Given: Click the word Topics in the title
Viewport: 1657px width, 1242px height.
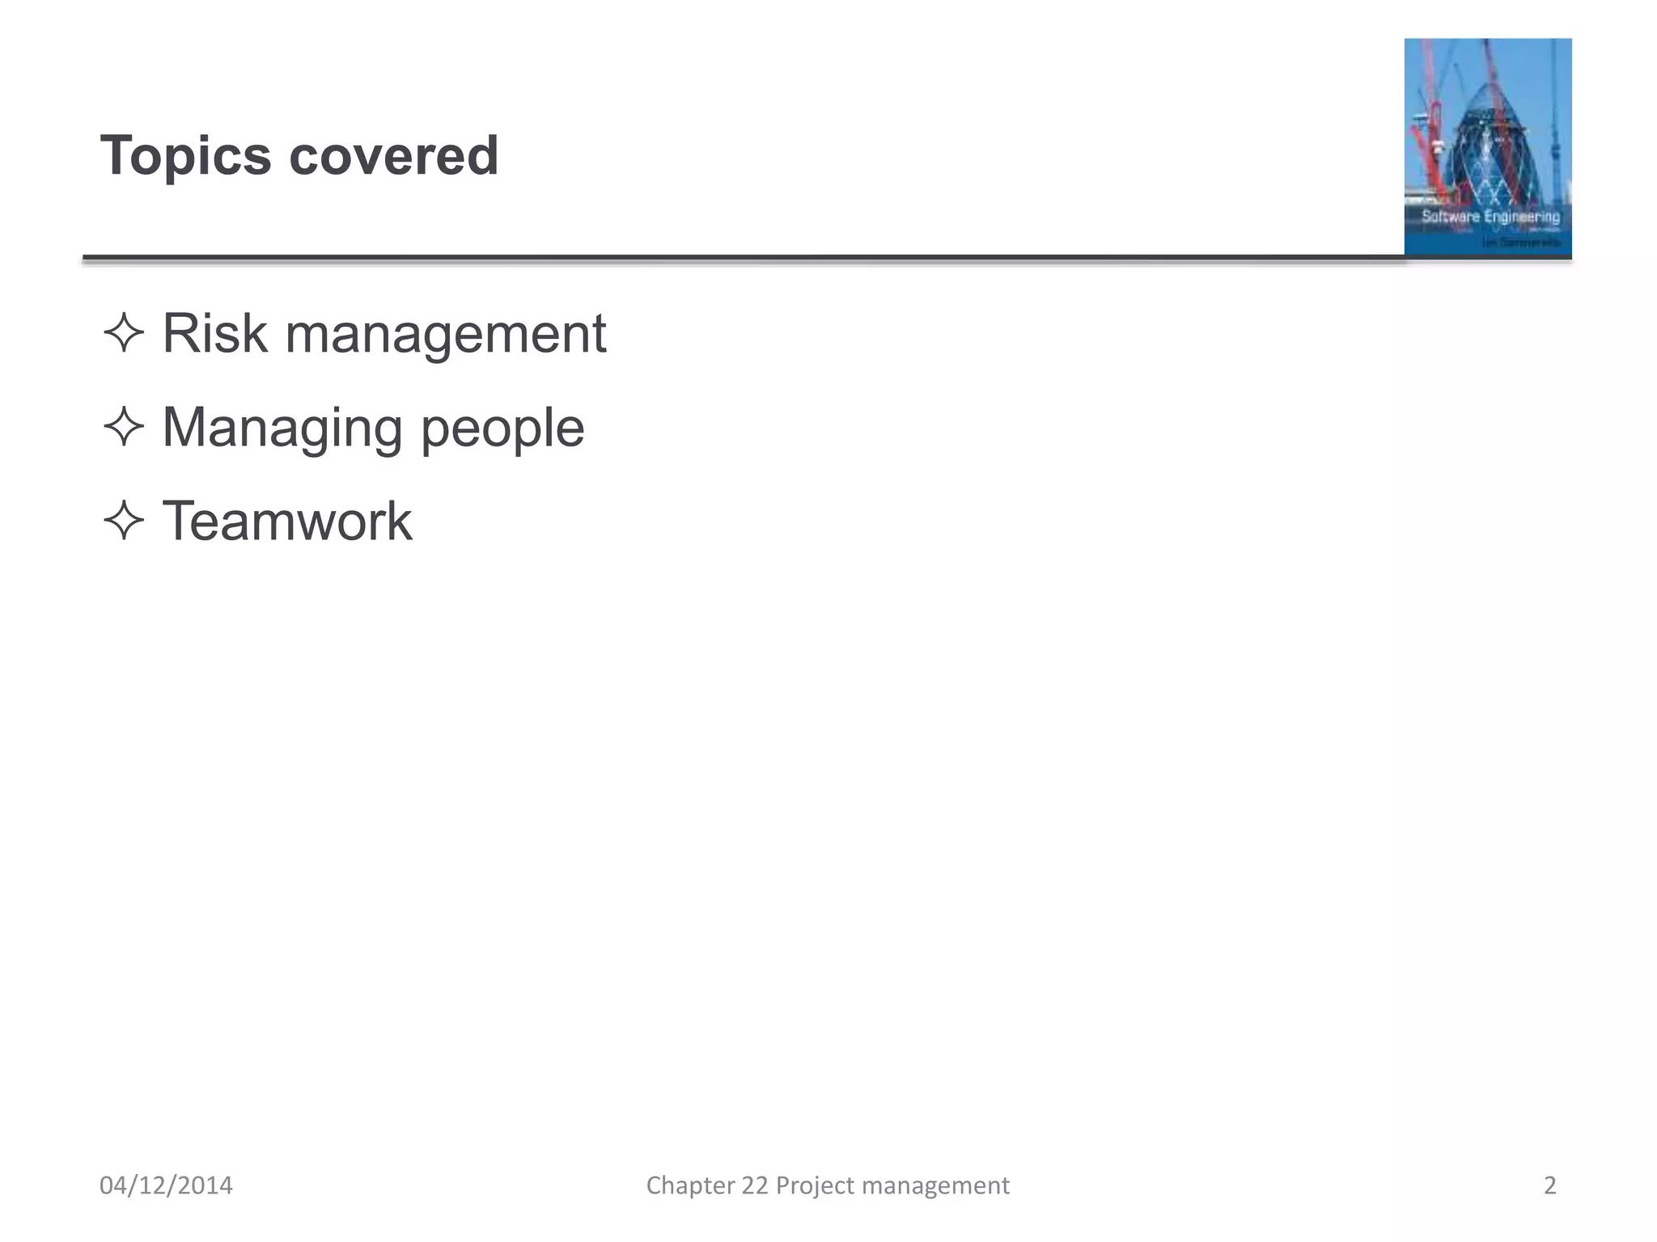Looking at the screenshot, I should (185, 155).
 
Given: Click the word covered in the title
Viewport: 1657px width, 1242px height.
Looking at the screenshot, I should (393, 155).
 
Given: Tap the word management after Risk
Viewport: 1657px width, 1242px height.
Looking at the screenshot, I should (445, 334).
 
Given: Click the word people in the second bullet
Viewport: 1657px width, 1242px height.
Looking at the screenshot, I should (502, 429).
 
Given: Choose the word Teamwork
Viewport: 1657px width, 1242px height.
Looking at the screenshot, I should (287, 521).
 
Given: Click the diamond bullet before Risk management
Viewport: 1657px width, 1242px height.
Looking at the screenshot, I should (124, 333).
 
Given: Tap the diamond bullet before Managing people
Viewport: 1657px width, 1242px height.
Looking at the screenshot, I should (124, 427).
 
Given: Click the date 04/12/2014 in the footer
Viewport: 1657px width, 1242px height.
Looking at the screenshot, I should (166, 1185).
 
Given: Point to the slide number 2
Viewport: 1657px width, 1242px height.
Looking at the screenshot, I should (1549, 1185).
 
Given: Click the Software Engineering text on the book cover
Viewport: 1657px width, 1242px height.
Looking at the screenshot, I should (1490, 216).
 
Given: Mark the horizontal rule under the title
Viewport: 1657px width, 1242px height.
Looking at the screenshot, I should (728, 259).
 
